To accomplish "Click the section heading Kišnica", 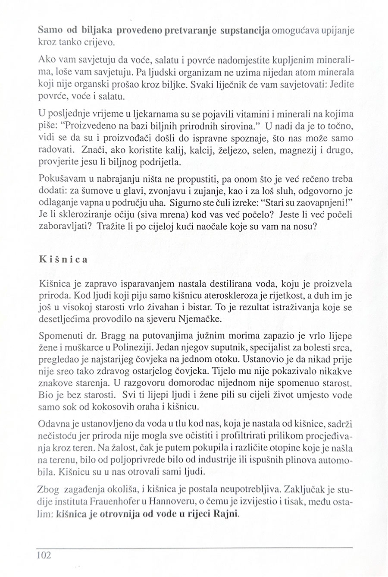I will (64, 260).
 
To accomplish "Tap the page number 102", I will (44, 556).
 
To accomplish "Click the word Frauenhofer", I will (115, 503).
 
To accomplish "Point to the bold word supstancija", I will (244, 32).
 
